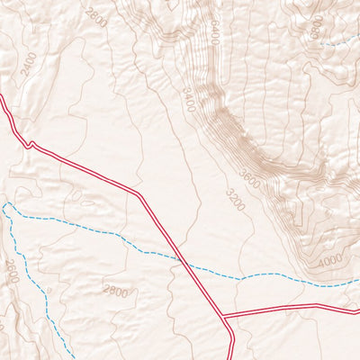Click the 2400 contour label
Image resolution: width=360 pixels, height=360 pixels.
(x=29, y=63)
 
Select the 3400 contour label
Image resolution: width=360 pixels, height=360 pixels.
(x=188, y=100)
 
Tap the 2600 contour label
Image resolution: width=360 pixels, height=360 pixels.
(x=95, y=17)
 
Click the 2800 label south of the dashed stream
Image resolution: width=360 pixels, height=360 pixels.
(x=115, y=291)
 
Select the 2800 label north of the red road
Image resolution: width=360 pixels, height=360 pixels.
(x=11, y=271)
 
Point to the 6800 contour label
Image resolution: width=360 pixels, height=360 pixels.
(x=316, y=27)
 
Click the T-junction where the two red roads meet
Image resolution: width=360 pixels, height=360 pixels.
(x=223, y=316)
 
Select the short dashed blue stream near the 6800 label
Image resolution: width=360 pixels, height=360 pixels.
(x=337, y=42)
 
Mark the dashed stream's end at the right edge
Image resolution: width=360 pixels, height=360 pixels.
(x=357, y=282)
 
